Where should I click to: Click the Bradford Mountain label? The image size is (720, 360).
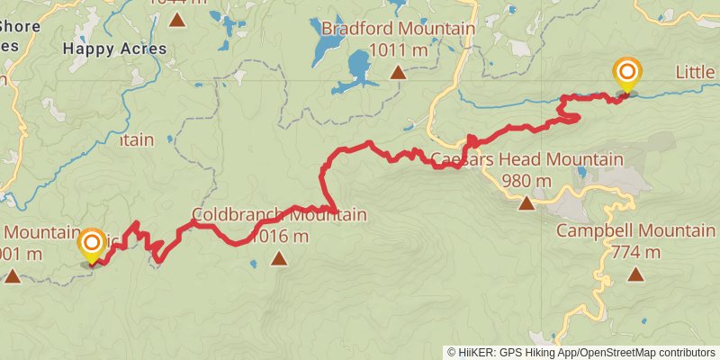tap(398, 29)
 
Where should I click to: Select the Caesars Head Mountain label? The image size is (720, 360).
tap(526, 160)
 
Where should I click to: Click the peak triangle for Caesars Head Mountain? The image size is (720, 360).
tap(526, 203)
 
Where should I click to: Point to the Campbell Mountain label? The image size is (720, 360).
tap(635, 230)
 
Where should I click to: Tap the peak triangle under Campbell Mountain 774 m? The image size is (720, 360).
tap(635, 274)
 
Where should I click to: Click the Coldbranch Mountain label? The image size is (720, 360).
tap(279, 215)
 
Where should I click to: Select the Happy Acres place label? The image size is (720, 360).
tap(115, 49)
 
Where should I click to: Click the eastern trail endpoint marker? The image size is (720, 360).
tap(626, 74)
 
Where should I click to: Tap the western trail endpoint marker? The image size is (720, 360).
tap(92, 245)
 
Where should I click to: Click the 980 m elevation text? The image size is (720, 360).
tap(526, 182)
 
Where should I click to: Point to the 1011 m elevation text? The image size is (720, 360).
tap(398, 50)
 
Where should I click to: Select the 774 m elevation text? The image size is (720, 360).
tap(635, 252)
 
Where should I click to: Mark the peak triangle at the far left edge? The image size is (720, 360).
tap(13, 274)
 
